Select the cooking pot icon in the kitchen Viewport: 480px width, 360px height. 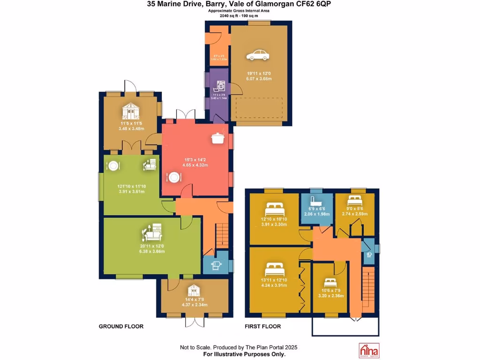217,137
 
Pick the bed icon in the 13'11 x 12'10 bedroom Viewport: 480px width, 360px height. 275,270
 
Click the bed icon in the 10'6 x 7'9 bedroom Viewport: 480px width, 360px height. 330,283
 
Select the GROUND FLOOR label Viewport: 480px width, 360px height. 121,326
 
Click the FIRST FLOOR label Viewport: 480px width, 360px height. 263,326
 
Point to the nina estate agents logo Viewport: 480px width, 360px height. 369,350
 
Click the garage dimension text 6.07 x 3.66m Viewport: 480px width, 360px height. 259,79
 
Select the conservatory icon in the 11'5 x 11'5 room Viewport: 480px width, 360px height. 131,112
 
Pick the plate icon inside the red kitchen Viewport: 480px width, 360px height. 174,178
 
